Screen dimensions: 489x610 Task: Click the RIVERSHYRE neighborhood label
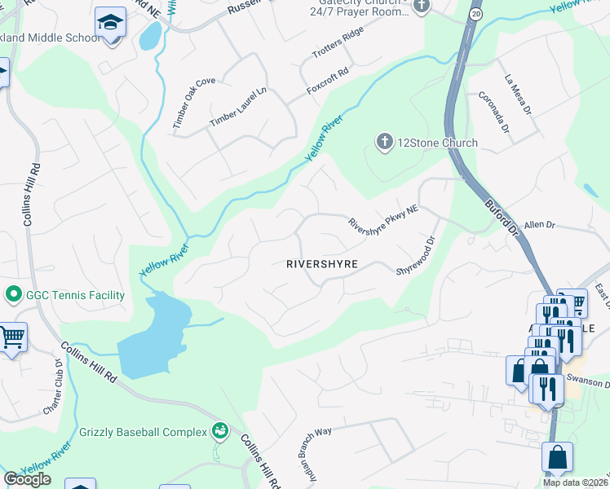click(x=322, y=264)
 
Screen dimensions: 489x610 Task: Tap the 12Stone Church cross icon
click(x=383, y=143)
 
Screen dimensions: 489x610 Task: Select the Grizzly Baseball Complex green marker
click(x=219, y=430)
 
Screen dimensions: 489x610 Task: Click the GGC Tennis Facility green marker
click(x=12, y=294)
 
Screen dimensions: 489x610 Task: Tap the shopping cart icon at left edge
click(x=11, y=337)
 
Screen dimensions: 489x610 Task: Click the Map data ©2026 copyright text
click(x=576, y=482)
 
